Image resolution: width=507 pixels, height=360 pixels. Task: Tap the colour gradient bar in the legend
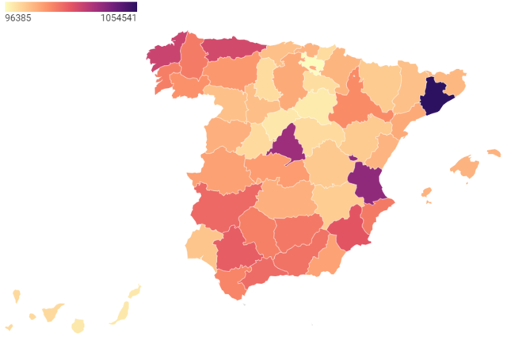(71, 6)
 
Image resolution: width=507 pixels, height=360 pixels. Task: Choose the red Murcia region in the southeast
(349, 230)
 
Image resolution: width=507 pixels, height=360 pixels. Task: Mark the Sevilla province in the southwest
(235, 250)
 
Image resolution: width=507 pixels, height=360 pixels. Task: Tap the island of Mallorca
(466, 167)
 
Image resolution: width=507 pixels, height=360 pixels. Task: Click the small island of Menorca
(494, 152)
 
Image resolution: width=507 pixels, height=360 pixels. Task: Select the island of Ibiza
(426, 193)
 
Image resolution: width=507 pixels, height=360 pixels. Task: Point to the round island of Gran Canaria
(78, 326)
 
